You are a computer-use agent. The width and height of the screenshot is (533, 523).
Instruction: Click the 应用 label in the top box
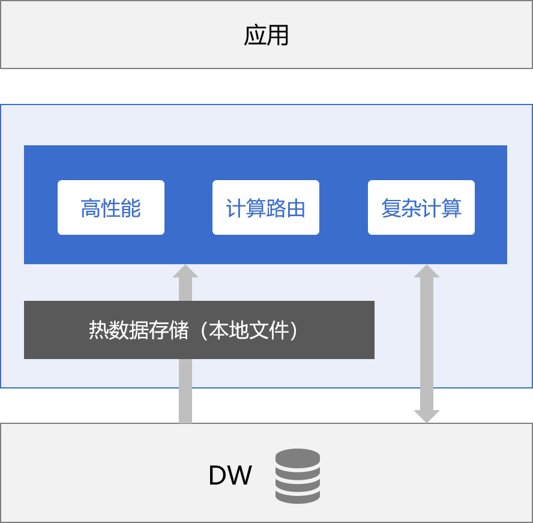(266, 35)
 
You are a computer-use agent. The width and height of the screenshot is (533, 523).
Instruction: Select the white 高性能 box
(111, 207)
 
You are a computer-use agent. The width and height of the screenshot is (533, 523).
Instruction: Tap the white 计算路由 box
(266, 207)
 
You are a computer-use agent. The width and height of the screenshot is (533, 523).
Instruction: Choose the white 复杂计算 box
(421, 207)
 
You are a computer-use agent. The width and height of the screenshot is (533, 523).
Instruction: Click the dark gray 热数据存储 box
(199, 330)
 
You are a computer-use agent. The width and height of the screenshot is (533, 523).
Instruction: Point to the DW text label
(230, 475)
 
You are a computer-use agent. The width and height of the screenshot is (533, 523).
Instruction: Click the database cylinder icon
(298, 476)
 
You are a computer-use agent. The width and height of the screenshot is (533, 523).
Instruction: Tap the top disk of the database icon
(298, 458)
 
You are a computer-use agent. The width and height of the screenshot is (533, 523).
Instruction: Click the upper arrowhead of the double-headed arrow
(427, 271)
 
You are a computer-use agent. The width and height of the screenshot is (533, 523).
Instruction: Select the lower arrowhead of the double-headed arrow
(427, 417)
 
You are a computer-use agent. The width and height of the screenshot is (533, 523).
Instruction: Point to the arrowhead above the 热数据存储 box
(185, 271)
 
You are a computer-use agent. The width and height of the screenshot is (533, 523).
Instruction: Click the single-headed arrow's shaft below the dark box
(185, 391)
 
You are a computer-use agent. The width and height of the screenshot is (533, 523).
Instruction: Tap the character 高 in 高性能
(91, 208)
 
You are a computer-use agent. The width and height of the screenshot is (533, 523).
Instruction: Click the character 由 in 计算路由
(295, 208)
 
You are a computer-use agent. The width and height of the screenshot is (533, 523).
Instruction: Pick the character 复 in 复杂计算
(391, 208)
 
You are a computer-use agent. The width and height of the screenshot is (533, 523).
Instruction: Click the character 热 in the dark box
(99, 330)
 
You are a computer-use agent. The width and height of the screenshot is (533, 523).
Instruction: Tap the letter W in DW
(239, 475)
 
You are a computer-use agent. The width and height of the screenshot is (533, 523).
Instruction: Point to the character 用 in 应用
(278, 35)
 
